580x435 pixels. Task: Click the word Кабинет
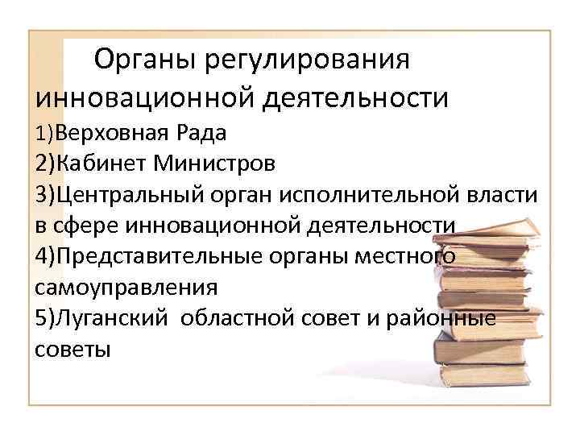pos(103,164)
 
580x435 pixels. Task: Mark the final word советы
pos(72,350)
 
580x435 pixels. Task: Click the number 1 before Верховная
pos(39,132)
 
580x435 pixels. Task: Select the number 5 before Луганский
pos(41,319)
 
